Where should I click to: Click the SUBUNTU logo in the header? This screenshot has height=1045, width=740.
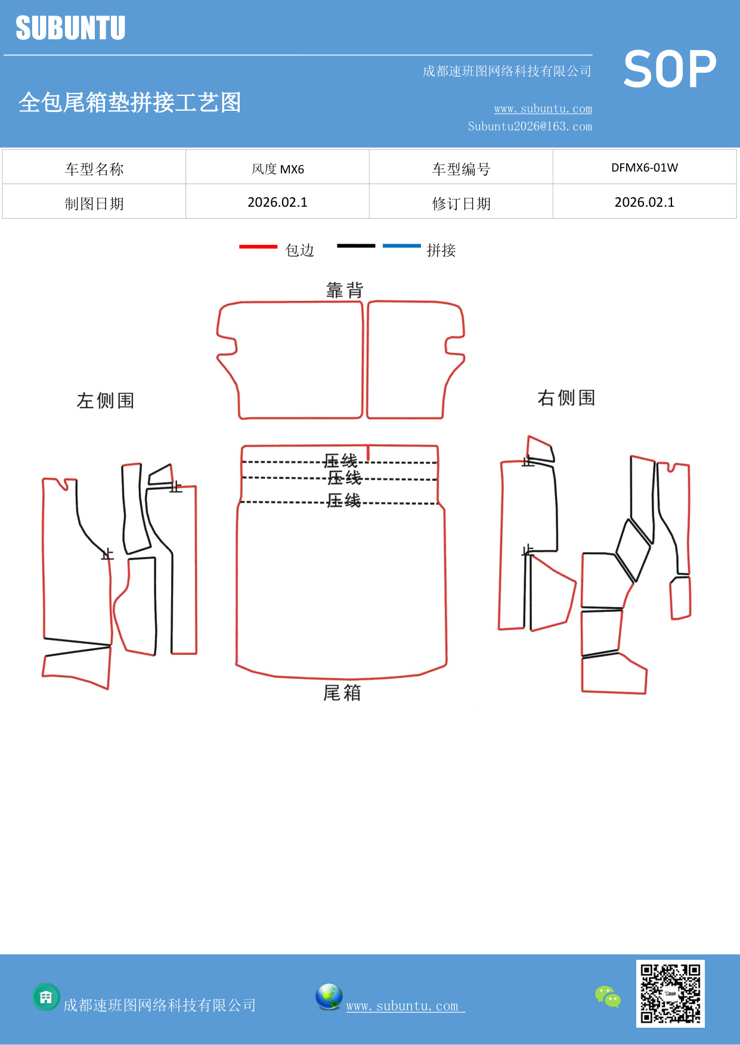[70, 28]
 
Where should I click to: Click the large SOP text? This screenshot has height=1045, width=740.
[670, 69]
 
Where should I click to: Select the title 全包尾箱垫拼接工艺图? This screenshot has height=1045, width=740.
[130, 102]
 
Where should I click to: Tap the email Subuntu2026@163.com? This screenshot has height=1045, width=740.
[530, 126]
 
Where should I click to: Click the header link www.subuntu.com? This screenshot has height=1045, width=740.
[543, 109]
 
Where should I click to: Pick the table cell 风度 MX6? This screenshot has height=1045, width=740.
[277, 169]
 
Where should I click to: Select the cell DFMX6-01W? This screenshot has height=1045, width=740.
[644, 168]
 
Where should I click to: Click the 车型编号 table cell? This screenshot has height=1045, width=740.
[461, 169]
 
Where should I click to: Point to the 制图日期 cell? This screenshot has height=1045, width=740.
[94, 204]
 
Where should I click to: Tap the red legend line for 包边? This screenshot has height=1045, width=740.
[258, 246]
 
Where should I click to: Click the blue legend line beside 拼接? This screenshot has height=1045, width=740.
[401, 245]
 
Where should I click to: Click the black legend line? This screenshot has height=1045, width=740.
[356, 245]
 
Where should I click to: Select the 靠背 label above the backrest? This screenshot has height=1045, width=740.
[345, 290]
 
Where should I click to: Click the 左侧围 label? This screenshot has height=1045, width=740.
[106, 400]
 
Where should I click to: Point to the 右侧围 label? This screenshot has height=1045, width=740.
[566, 398]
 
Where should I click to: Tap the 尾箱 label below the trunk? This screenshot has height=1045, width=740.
[342, 693]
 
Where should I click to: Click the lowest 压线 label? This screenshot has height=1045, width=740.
[344, 500]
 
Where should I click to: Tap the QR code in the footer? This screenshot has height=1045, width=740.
[670, 993]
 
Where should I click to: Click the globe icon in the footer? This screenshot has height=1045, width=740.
[329, 997]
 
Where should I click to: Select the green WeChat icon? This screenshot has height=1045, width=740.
[608, 997]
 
